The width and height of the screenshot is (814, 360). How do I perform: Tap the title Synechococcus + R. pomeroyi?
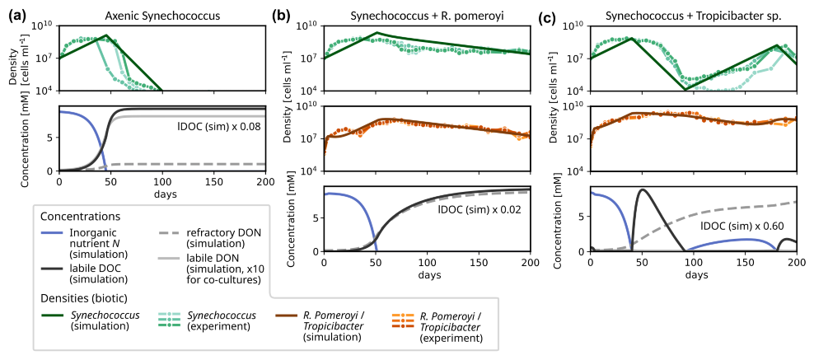click(x=427, y=16)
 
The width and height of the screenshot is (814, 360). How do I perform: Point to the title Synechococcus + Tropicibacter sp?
click(x=693, y=16)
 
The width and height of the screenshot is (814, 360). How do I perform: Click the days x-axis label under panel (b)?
click(x=427, y=273)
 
